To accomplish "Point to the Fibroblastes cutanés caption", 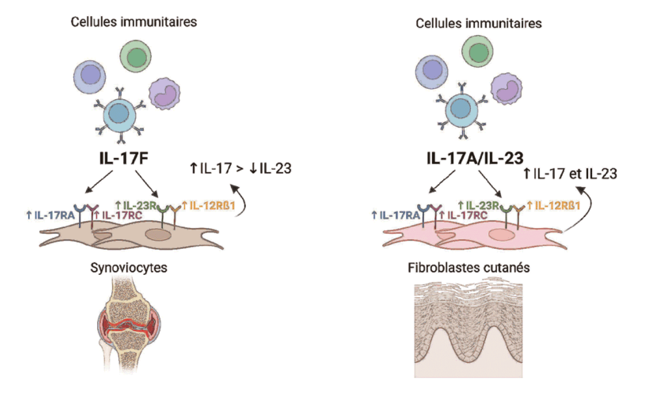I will (468, 267).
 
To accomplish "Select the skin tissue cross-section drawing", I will (469, 329).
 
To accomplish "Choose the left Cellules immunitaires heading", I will (133, 22).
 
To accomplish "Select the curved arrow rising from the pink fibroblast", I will (583, 206).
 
